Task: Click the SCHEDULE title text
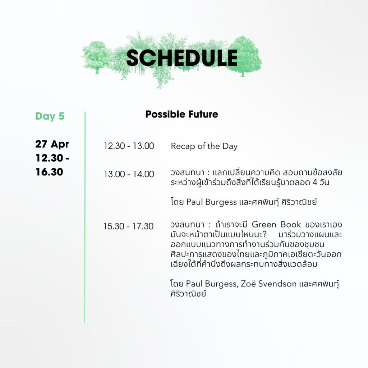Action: click(182, 58)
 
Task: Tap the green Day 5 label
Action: click(50, 116)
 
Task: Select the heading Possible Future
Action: click(182, 114)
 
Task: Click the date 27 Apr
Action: click(52, 144)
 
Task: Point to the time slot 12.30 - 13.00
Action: click(129, 146)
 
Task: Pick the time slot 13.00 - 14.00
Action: click(129, 174)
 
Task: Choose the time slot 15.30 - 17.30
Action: click(128, 226)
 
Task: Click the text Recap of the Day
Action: click(204, 146)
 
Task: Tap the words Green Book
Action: click(276, 224)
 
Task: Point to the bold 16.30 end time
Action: click(49, 172)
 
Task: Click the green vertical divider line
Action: click(85, 217)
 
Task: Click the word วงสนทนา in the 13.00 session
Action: click(188, 173)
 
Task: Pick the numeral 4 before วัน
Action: click(315, 182)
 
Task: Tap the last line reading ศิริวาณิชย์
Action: click(188, 294)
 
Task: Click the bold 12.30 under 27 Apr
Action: click(50, 158)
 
